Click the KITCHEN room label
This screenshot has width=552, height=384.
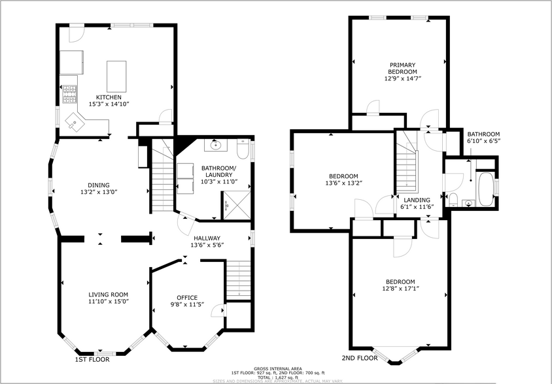pyautogui.click(x=109, y=97)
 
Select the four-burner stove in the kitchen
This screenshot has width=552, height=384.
pyautogui.click(x=69, y=95)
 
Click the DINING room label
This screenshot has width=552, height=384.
pyautogui.click(x=99, y=185)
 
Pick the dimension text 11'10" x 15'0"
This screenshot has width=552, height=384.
pyautogui.click(x=109, y=301)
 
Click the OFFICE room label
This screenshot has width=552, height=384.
pyautogui.click(x=187, y=298)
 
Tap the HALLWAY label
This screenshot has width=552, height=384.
pyautogui.click(x=206, y=238)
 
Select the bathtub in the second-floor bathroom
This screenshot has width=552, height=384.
pyautogui.click(x=486, y=189)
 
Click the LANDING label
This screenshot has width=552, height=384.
pyautogui.click(x=417, y=200)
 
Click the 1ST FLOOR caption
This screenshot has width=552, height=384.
pyautogui.click(x=92, y=359)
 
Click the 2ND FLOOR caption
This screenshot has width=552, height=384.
pyautogui.click(x=359, y=358)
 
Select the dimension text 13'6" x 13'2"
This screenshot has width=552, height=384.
pyautogui.click(x=343, y=183)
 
